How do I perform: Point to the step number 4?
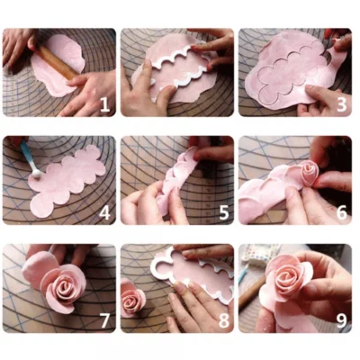pos(103,212)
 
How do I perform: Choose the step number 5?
pos(222,212)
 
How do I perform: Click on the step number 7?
pos(103,319)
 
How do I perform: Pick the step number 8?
pos(222,319)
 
